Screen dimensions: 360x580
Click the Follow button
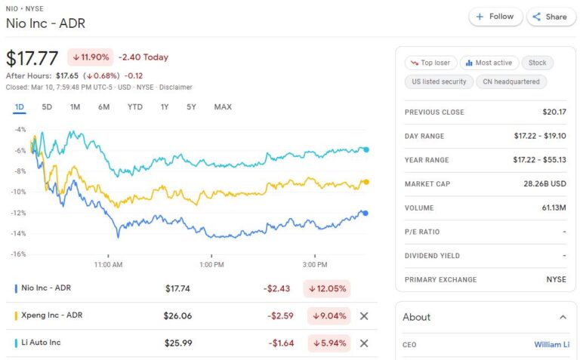(495, 17)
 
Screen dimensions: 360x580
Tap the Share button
(548, 17)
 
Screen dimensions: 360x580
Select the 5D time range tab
(47, 107)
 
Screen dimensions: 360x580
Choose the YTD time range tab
(135, 107)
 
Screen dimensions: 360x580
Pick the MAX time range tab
(223, 107)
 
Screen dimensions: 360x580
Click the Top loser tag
(429, 63)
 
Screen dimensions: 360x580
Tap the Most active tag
(487, 63)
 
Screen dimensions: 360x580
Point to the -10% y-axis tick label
(18, 192)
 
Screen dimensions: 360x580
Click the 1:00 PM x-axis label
(211, 265)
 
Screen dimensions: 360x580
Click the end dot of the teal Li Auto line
(366, 149)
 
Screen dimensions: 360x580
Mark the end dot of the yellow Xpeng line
(366, 182)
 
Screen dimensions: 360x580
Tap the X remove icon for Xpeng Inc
(364, 316)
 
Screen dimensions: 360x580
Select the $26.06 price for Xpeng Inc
(177, 316)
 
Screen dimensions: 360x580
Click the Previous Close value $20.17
(554, 112)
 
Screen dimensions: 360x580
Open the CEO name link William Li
(551, 345)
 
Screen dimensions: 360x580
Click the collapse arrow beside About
(562, 317)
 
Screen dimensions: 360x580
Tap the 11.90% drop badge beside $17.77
(90, 57)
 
